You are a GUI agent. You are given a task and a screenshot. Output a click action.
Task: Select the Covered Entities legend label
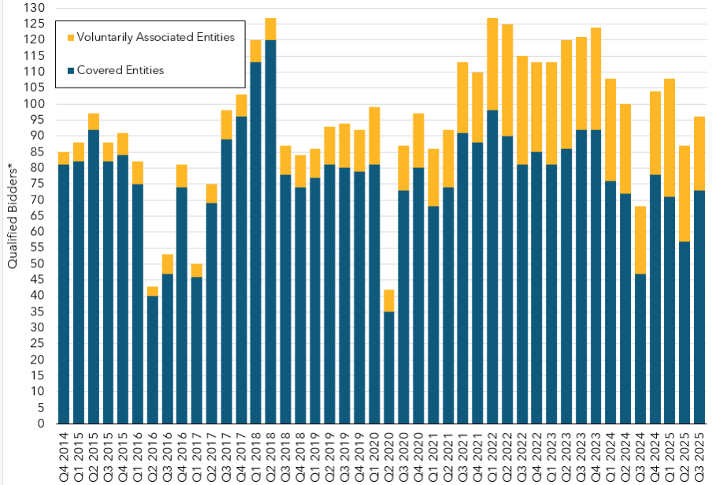coord(121,70)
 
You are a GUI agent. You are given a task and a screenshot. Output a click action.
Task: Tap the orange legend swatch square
coord(71,38)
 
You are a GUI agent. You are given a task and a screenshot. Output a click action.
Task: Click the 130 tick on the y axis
coord(37,8)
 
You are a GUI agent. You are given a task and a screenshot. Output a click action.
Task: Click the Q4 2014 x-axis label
coord(64,453)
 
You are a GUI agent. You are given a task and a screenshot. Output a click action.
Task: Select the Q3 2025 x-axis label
coord(699,453)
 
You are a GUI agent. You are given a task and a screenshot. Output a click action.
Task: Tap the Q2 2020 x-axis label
coord(389,453)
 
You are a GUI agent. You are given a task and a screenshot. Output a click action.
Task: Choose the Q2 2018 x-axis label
coord(271,453)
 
